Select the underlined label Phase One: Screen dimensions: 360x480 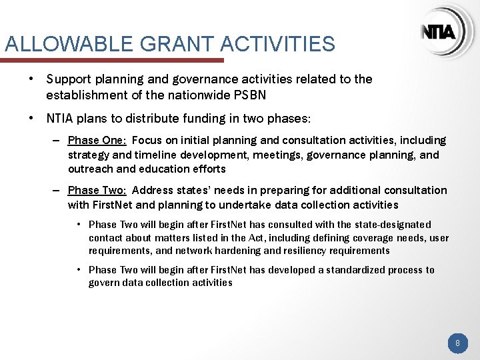point(97,141)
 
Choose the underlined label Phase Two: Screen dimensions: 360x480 point(97,191)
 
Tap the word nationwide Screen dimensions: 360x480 point(198,95)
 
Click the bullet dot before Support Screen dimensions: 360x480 point(31,79)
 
